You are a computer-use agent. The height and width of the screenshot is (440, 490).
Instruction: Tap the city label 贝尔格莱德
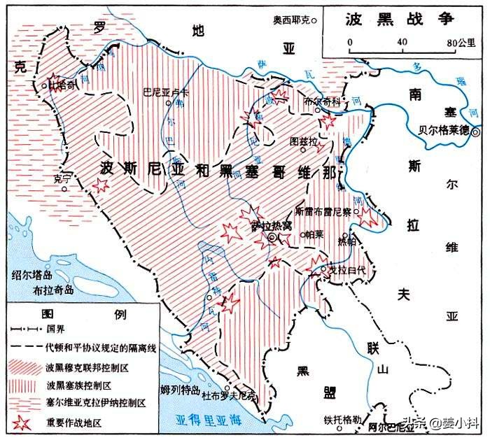[443, 130]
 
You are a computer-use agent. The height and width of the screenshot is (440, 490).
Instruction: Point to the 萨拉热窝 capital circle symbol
[272, 239]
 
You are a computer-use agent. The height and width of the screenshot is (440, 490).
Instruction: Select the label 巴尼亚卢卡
[162, 92]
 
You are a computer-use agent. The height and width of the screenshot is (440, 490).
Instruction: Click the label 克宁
[62, 180]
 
